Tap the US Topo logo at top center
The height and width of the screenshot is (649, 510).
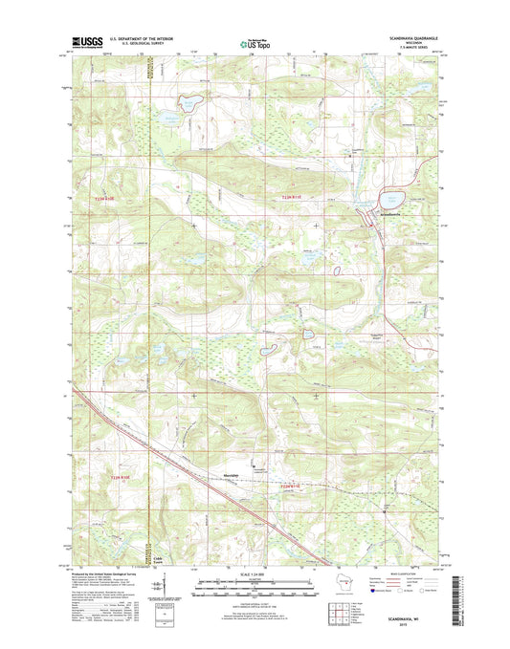[x=254, y=42]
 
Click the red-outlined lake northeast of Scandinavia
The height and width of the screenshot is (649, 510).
[x=393, y=201]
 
